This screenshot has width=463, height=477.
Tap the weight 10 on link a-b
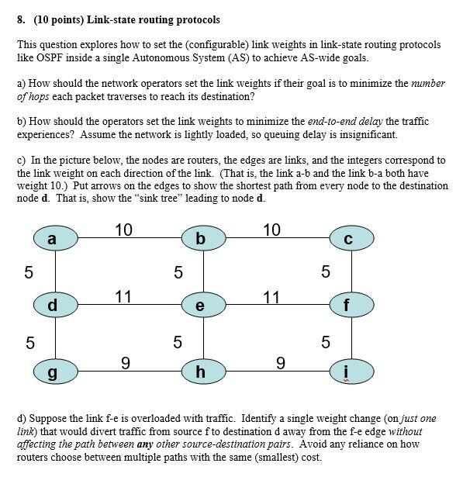124,230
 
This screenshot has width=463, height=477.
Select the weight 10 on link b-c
271,230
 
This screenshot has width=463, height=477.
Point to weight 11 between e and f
271,296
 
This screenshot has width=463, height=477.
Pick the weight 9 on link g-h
126,361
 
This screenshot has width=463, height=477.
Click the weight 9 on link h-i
280,361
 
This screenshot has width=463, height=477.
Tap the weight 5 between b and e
178,272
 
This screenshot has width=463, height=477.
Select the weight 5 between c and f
325,272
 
